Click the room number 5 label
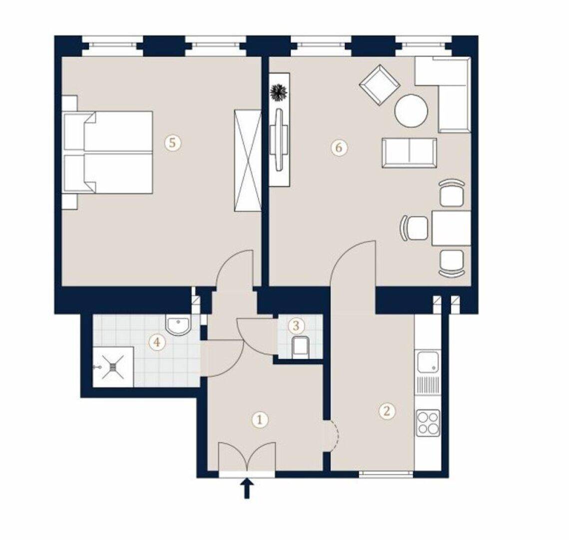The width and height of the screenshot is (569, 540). click(172, 142)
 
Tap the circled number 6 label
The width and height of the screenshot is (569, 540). click(339, 147)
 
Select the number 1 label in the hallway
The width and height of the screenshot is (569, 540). click(259, 420)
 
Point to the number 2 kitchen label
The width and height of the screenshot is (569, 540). click(387, 411)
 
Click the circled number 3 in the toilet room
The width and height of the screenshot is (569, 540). click(296, 325)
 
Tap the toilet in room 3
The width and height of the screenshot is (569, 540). click(300, 345)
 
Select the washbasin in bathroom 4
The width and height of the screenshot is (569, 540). click(177, 324)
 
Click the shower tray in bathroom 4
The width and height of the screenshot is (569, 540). click(113, 367)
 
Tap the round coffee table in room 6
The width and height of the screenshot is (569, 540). click(411, 110)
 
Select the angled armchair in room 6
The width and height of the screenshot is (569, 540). click(380, 85)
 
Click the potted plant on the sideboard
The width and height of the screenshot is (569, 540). click(279, 92)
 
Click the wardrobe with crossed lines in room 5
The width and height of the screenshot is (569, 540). click(247, 160)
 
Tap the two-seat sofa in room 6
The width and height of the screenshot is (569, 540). click(409, 153)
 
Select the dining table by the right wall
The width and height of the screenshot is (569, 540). click(452, 228)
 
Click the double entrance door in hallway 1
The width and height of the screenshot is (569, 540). click(247, 456)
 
